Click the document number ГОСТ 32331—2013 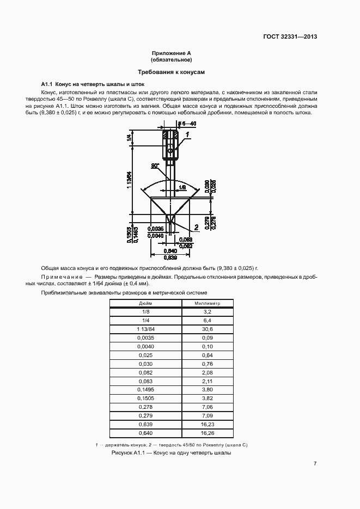pos(290,37)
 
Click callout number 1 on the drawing pos(187,133)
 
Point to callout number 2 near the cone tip pos(196,227)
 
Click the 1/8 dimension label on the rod pos(181,187)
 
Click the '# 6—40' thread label pos(187,124)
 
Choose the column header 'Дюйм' pos(145,303)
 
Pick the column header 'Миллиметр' pos(206,303)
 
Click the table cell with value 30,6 pos(206,329)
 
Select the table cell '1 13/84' pos(145,329)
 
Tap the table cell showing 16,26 pos(206,433)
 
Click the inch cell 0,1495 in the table pos(145,390)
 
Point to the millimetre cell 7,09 pos(206,416)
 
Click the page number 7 pos(315,464)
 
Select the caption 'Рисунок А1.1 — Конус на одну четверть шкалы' pos(172,453)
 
